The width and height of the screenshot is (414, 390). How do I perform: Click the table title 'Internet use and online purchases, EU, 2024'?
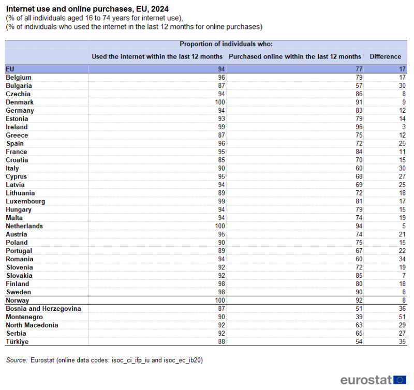click(x=86, y=9)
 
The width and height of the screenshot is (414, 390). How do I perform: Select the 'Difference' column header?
click(x=385, y=56)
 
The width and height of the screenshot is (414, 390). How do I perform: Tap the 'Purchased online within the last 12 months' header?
click(x=294, y=56)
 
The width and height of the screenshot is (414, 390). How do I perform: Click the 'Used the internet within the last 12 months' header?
click(x=157, y=56)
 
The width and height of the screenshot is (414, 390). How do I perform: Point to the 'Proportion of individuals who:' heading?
click(x=226, y=44)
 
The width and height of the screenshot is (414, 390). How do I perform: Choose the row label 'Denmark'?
click(x=20, y=102)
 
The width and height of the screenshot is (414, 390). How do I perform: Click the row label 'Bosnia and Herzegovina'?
click(x=43, y=309)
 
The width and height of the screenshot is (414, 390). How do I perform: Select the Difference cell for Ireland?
click(x=403, y=127)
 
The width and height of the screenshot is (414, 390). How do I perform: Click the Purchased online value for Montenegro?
click(x=358, y=317)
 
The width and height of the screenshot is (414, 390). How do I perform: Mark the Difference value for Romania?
click(x=402, y=259)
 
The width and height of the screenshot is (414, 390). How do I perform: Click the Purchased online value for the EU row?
click(x=358, y=69)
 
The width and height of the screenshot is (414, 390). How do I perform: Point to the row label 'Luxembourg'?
click(x=25, y=201)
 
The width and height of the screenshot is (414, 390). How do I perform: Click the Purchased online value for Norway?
click(x=358, y=301)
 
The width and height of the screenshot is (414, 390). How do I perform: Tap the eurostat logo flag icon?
click(x=400, y=380)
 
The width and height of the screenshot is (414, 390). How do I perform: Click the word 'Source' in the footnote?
click(x=16, y=361)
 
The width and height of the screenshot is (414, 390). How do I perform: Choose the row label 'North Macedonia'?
click(x=32, y=325)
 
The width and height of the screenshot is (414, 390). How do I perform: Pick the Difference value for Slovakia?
click(x=403, y=276)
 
